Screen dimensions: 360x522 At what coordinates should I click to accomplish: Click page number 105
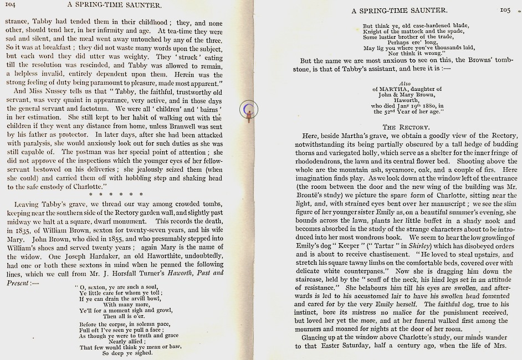[x=505, y=9]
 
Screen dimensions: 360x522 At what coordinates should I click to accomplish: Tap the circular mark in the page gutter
[x=249, y=111]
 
